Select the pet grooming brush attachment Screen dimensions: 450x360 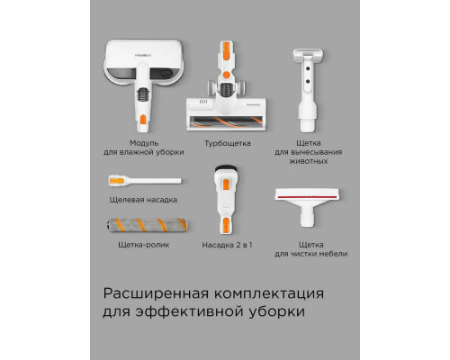[308, 90]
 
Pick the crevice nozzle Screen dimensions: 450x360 [145, 181]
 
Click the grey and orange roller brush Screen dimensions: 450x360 [147, 225]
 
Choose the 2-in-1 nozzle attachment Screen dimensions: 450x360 [226, 200]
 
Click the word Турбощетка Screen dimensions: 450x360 [228, 143]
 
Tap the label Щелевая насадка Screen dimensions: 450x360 [143, 200]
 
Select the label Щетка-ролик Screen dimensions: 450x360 [144, 245]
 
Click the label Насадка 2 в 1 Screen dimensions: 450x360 [227, 245]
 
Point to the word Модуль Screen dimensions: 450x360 [144, 143]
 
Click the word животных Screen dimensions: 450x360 [309, 161]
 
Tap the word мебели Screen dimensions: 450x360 [333, 254]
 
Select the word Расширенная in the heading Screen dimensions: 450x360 [156, 293]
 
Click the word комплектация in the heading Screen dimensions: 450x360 [269, 293]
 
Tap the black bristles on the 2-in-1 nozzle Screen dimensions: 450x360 [226, 168]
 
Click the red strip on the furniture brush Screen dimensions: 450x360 [307, 197]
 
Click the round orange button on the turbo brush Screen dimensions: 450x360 [227, 75]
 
